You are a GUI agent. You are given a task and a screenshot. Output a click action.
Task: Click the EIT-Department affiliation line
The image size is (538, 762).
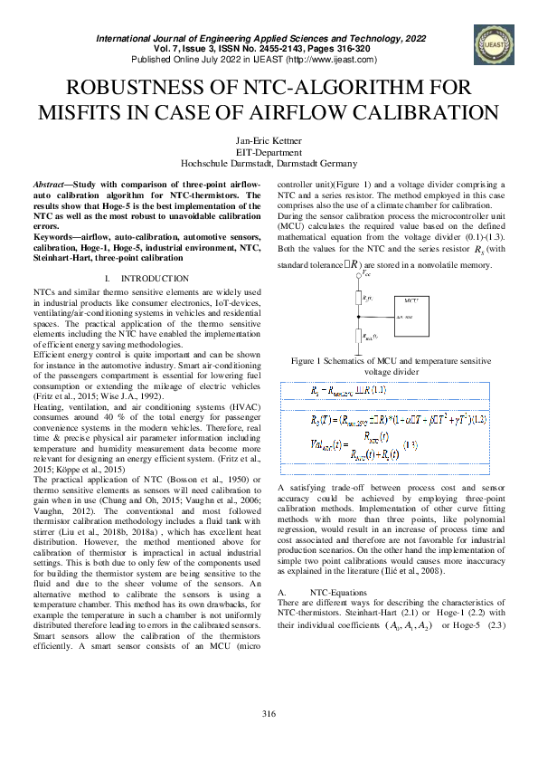[x=269, y=154]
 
